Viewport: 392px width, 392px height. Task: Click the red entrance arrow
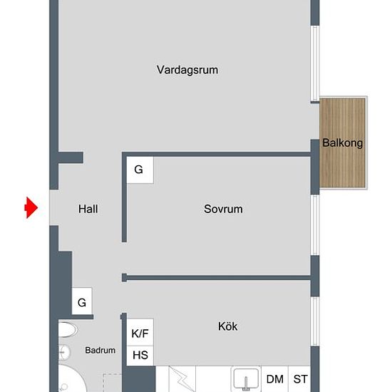(31, 207)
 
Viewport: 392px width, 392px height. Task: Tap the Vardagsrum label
(187, 70)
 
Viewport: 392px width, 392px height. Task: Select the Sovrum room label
(223, 209)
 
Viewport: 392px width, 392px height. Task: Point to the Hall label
(88, 209)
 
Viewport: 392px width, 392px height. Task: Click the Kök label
(228, 326)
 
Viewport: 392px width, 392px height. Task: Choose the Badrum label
(100, 350)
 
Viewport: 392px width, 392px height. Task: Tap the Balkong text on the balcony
(342, 143)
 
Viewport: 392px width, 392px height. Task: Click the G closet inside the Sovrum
(140, 170)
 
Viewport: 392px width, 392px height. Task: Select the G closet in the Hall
(82, 301)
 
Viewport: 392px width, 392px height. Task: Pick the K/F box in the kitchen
(140, 333)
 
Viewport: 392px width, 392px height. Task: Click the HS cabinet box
(140, 356)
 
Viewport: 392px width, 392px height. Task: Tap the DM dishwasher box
(274, 379)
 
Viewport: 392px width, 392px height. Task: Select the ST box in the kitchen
(300, 379)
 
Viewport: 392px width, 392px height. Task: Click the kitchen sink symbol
(246, 379)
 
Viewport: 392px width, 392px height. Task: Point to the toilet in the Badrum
(68, 329)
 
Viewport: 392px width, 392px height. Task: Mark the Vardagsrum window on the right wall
(315, 63)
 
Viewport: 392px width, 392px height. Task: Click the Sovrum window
(315, 225)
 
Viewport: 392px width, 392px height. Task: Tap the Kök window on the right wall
(315, 321)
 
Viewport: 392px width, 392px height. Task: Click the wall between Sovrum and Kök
(217, 278)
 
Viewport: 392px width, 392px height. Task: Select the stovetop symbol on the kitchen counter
(182, 379)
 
